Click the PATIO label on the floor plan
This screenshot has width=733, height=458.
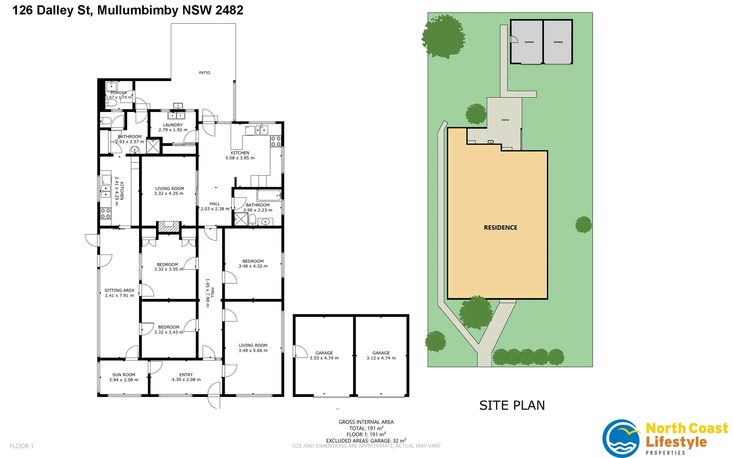pos(204,73)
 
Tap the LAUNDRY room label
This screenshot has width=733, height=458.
pos(173,125)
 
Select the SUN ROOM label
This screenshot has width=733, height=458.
pos(124,375)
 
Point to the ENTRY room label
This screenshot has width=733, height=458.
pos(186,375)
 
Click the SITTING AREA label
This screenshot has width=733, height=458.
pos(119,290)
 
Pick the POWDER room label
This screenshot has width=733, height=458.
pos(119,92)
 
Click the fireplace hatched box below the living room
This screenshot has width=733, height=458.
pos(169,226)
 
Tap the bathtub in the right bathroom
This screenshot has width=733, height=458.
pos(268,195)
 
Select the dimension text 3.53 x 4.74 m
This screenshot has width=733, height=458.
pos(324,358)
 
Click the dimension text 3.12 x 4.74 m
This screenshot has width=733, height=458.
pos(381,358)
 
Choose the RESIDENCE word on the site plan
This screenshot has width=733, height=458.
pos(501,228)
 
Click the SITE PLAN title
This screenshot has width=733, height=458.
pos(512,405)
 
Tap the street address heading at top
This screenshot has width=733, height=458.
pos(128,10)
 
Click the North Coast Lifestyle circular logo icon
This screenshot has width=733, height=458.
pos(622,438)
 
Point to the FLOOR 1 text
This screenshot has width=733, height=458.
pos(22,446)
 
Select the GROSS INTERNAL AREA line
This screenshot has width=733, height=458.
pos(366,422)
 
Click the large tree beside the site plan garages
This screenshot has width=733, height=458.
pos(444,36)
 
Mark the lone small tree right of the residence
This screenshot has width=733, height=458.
pos(583,224)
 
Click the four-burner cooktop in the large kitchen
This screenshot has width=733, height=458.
pos(276,141)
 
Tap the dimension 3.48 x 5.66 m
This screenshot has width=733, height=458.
pos(253,351)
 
